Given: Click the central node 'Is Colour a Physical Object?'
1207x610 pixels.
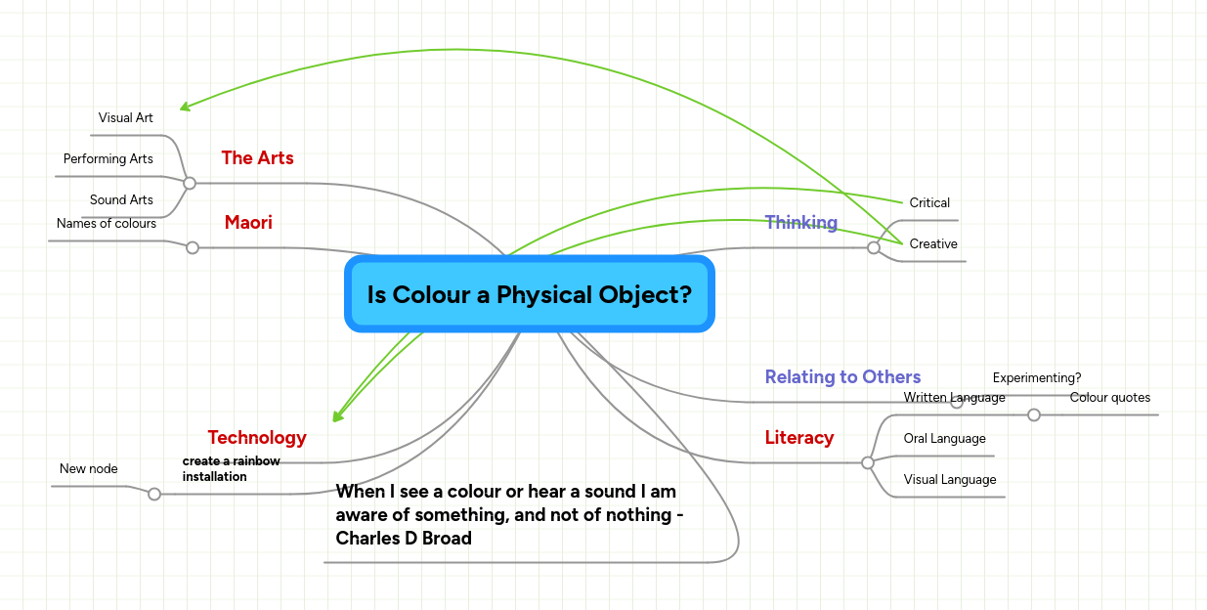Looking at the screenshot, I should pyautogui.click(x=529, y=294).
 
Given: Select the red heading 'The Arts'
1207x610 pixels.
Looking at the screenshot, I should pyautogui.click(x=257, y=157).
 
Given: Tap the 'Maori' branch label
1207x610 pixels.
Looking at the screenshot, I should pyautogui.click(x=248, y=223).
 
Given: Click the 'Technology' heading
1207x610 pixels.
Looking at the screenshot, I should pyautogui.click(x=257, y=437).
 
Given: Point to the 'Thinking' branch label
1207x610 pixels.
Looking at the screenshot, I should pyautogui.click(x=800, y=222).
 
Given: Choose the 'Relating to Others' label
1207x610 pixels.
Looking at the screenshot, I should pyautogui.click(x=842, y=376).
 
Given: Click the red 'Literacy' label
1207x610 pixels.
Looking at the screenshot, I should pyautogui.click(x=799, y=437).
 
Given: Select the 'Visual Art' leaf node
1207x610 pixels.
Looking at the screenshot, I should pyautogui.click(x=126, y=118).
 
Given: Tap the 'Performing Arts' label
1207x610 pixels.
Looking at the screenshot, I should pyautogui.click(x=108, y=159).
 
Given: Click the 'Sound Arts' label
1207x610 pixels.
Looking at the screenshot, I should pyautogui.click(x=121, y=200).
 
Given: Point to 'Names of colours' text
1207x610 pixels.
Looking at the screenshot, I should pyautogui.click(x=107, y=224).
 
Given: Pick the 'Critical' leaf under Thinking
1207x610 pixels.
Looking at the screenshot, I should pyautogui.click(x=929, y=203).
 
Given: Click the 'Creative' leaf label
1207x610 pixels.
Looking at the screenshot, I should pyautogui.click(x=933, y=244).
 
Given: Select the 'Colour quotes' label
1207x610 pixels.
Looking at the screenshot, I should pyautogui.click(x=1110, y=398).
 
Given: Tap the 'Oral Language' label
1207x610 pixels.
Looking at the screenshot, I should pyautogui.click(x=944, y=439).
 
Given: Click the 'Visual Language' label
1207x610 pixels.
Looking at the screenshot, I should pyautogui.click(x=950, y=480).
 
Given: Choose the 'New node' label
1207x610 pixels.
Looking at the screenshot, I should pyautogui.click(x=89, y=469).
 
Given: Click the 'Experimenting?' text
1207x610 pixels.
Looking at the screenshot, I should pyautogui.click(x=1037, y=378).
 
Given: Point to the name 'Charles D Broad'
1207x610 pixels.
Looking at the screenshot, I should pyautogui.click(x=404, y=539).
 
